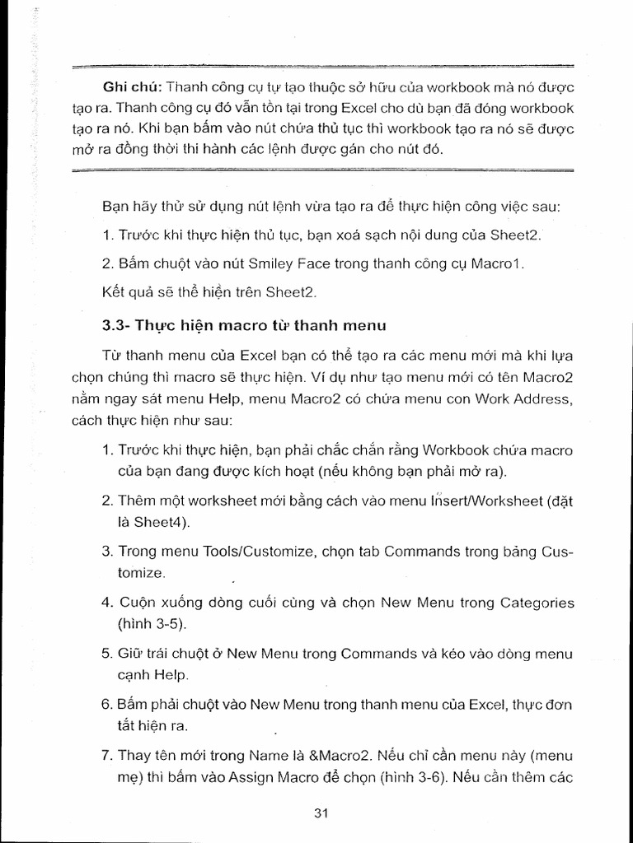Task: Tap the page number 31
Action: point(322,813)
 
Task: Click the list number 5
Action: point(106,654)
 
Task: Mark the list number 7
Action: point(106,756)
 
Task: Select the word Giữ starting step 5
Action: point(131,654)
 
